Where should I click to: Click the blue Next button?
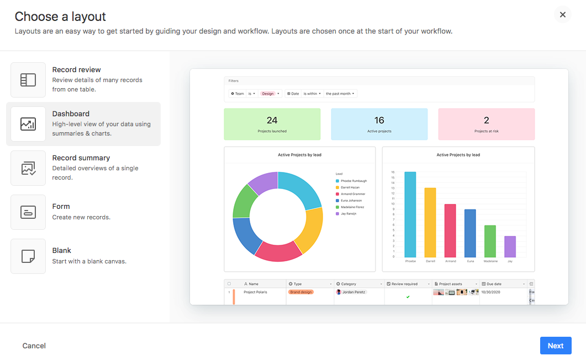click(555, 346)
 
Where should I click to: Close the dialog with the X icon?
click(562, 15)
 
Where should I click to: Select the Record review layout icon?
click(28, 80)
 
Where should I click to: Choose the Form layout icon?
click(28, 212)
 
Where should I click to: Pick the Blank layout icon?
click(28, 256)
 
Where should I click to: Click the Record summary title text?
click(81, 158)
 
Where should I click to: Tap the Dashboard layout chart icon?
click(28, 124)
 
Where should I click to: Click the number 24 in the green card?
click(272, 120)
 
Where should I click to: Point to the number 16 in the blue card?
click(379, 120)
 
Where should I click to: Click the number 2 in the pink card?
click(486, 120)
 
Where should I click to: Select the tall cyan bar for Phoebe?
click(410, 215)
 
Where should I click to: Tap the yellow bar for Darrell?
click(430, 223)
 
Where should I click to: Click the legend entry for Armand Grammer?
click(352, 194)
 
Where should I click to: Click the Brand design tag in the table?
click(301, 292)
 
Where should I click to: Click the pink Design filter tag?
click(268, 94)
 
